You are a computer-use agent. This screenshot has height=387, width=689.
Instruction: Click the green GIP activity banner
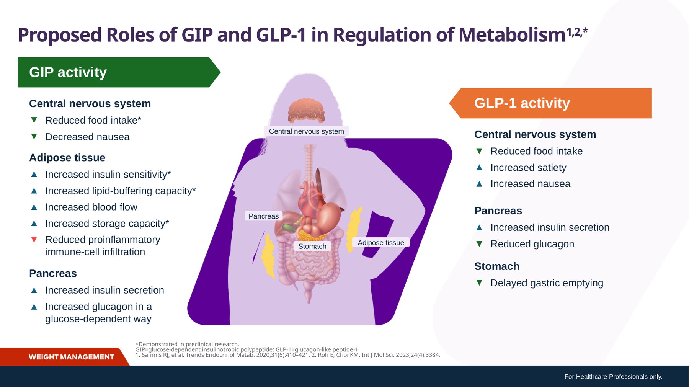119,72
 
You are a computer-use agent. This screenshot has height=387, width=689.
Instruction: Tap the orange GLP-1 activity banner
550,103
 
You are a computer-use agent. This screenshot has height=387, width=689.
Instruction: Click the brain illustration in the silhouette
306,111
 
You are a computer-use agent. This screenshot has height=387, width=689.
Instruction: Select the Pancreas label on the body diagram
264,216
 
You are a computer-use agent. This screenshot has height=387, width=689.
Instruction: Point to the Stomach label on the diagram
312,246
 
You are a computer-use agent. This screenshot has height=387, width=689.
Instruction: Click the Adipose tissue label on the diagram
381,242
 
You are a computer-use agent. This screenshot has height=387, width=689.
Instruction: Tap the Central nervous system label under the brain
306,131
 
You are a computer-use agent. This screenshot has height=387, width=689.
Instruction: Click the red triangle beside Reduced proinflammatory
34,240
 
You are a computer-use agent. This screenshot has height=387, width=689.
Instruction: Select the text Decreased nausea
87,137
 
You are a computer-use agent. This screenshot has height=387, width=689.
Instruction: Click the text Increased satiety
528,168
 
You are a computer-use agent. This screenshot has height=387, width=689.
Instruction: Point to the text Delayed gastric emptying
547,283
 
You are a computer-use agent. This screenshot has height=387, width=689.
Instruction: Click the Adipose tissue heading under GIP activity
67,158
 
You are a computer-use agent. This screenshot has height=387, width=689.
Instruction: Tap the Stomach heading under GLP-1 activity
497,266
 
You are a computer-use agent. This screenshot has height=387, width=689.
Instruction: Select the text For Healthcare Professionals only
613,377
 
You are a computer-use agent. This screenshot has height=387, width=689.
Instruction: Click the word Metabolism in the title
512,35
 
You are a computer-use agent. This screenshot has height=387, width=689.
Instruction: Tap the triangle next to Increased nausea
479,184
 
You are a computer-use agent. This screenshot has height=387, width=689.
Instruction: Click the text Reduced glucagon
532,244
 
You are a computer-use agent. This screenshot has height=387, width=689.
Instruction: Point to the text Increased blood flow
91,207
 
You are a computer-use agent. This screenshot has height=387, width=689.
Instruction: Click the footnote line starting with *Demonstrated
187,344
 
